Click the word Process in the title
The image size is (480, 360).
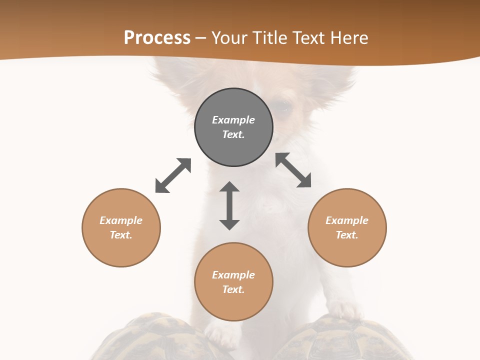click(x=157, y=38)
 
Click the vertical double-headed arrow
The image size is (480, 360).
click(x=229, y=205)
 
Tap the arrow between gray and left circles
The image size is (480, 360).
click(x=173, y=175)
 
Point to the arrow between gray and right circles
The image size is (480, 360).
click(x=293, y=170)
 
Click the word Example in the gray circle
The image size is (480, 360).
click(x=233, y=120)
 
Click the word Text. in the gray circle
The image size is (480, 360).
click(x=233, y=134)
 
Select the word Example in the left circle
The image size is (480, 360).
click(x=121, y=220)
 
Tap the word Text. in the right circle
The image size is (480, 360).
click(x=347, y=235)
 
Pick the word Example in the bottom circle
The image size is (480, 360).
click(x=233, y=275)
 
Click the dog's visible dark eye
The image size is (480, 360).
click(x=283, y=109)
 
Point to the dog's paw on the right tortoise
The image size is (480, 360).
click(x=345, y=311)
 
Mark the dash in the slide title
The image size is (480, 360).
click(x=201, y=38)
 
